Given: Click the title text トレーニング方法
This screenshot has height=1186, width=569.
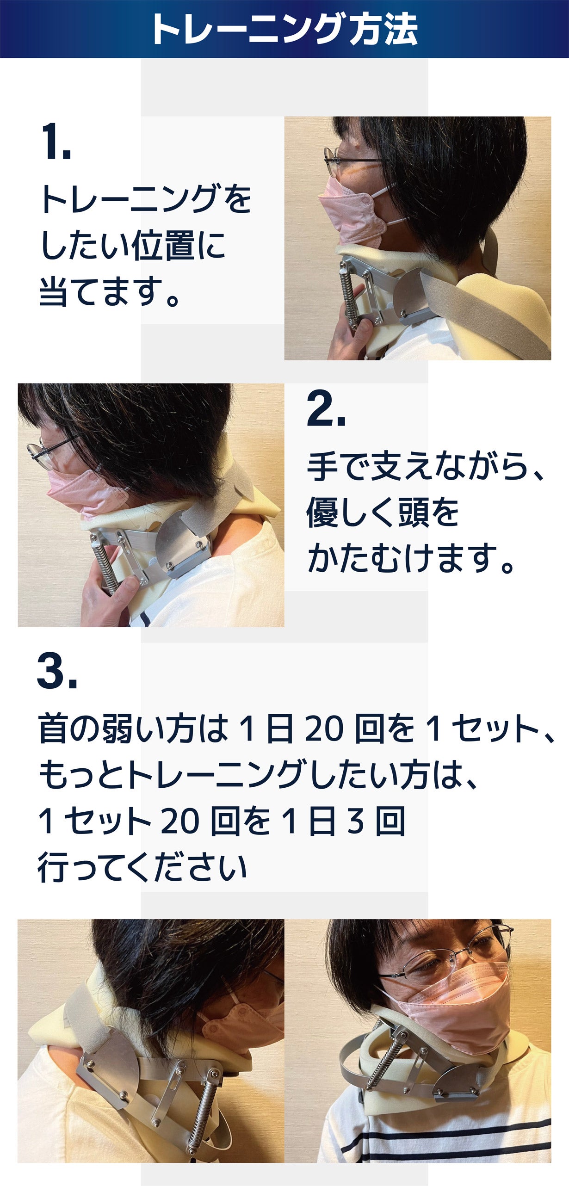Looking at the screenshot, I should [x=284, y=29].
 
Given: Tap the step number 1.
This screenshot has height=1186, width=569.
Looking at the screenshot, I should [x=56, y=142].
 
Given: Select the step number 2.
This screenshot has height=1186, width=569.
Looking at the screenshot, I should [x=326, y=408].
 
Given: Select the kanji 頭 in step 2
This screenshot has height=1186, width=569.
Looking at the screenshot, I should [x=414, y=513].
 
